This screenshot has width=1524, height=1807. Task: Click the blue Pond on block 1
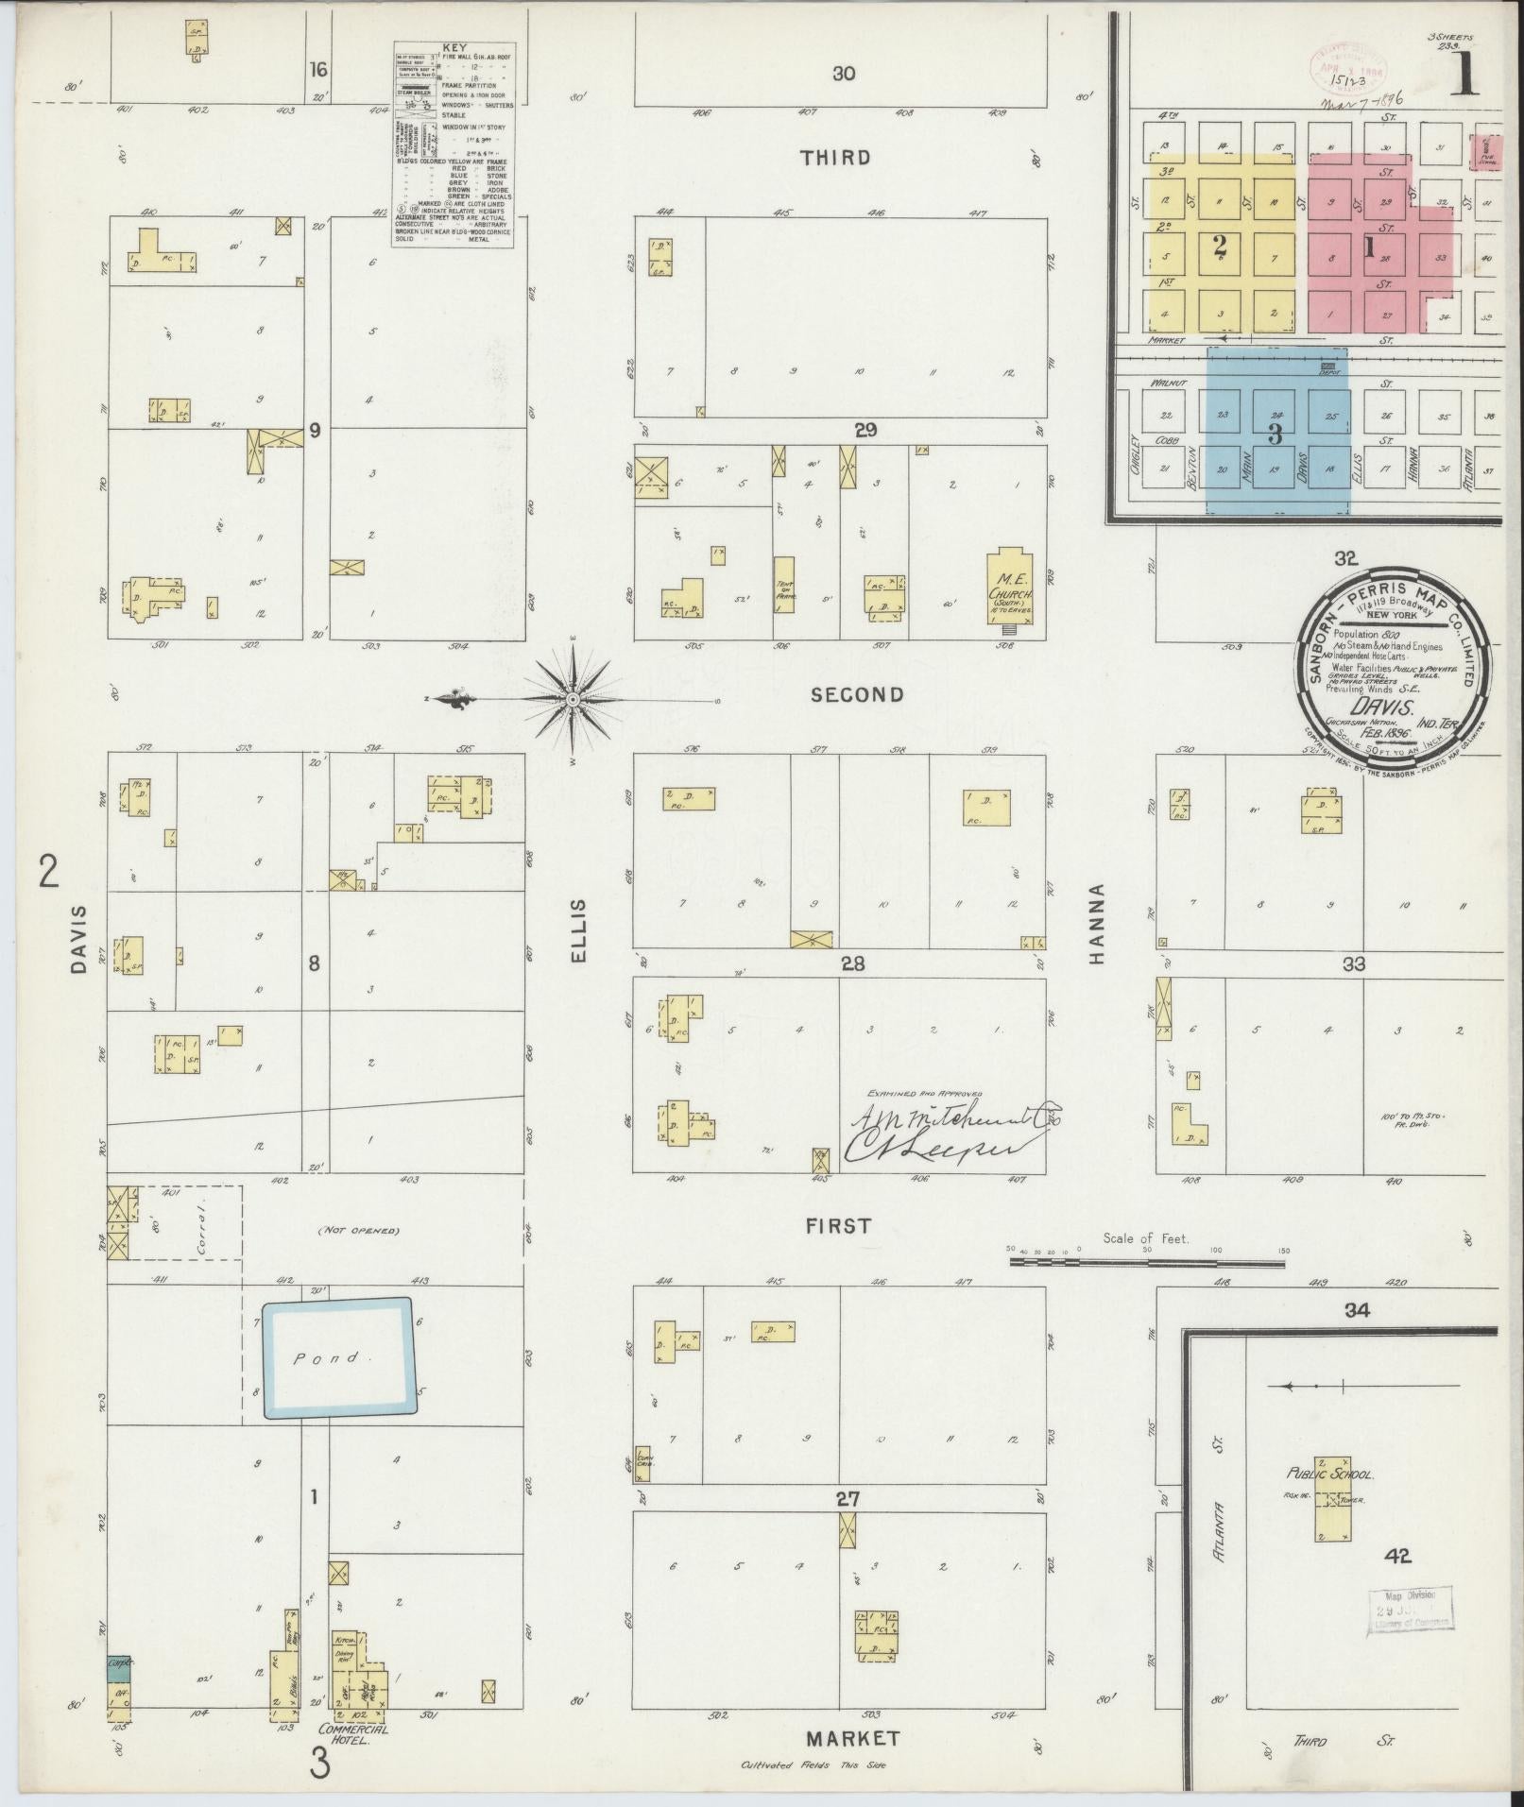337,1359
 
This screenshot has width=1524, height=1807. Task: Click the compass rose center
574,699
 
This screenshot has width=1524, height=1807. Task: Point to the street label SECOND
857,695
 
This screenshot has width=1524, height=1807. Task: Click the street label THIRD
835,157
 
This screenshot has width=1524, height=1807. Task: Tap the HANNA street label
1096,924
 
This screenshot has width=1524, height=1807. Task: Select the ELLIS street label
578,930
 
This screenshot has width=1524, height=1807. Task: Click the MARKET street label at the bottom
852,1738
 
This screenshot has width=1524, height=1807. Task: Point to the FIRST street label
838,1225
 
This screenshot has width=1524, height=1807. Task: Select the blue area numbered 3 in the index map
1277,435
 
